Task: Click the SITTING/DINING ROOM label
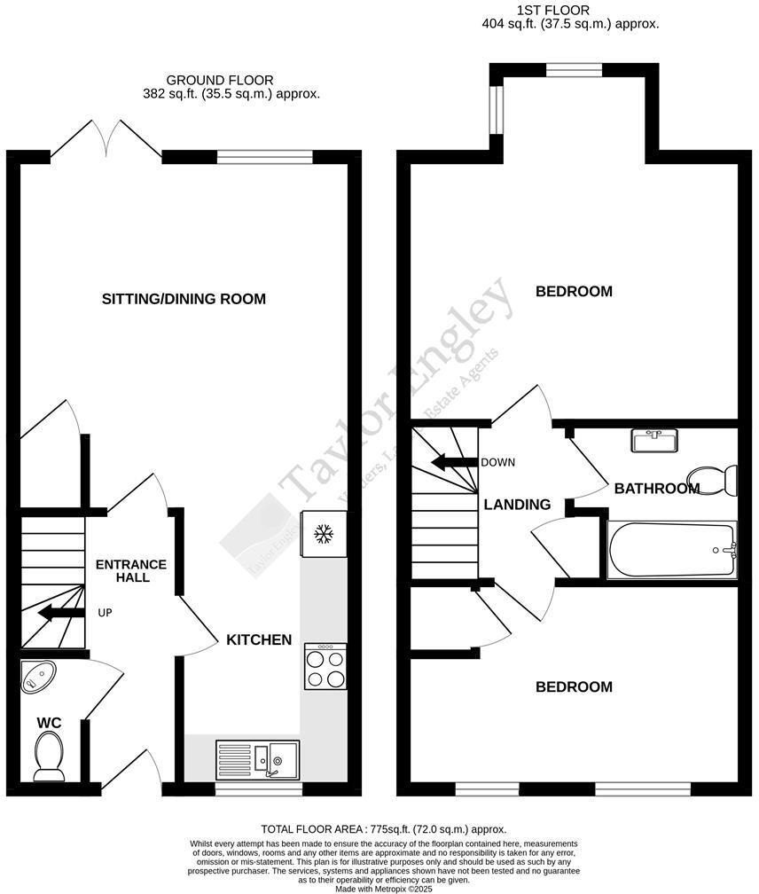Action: coord(184,299)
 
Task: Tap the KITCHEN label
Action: coord(259,639)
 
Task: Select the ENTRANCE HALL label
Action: coord(130,570)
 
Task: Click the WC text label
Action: coord(49,724)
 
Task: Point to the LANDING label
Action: coord(517,505)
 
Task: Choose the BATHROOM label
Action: coord(656,488)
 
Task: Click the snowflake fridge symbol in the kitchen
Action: coord(323,534)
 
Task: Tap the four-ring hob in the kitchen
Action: coord(325,668)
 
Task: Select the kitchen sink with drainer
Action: coord(258,759)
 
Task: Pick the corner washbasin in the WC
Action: coord(36,678)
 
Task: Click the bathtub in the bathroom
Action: coord(671,551)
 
